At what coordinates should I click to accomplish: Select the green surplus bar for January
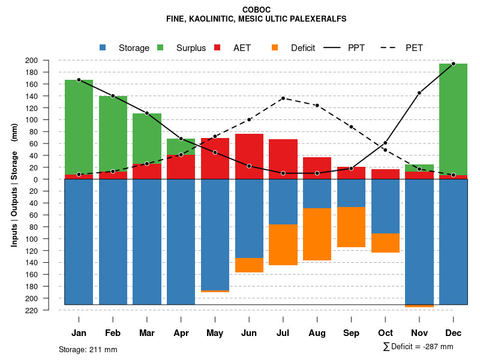point(79,127)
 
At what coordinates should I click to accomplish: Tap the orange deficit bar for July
point(283,245)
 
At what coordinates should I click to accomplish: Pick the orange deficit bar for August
point(317,234)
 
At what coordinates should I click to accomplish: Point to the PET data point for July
point(283,98)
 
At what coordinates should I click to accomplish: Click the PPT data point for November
point(419,93)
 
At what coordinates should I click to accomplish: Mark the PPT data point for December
point(453,64)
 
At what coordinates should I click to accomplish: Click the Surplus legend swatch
point(160,47)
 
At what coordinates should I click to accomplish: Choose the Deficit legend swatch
point(275,47)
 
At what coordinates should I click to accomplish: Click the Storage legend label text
point(134,48)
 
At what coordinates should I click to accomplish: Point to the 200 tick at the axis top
point(47,60)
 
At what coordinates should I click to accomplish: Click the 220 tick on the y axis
point(47,310)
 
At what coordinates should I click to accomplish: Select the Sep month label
point(351,333)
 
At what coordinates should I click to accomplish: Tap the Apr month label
point(181,333)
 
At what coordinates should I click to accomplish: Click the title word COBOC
point(256,10)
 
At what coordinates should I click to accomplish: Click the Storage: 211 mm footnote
point(88,349)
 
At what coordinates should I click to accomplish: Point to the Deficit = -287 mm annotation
point(418,347)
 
